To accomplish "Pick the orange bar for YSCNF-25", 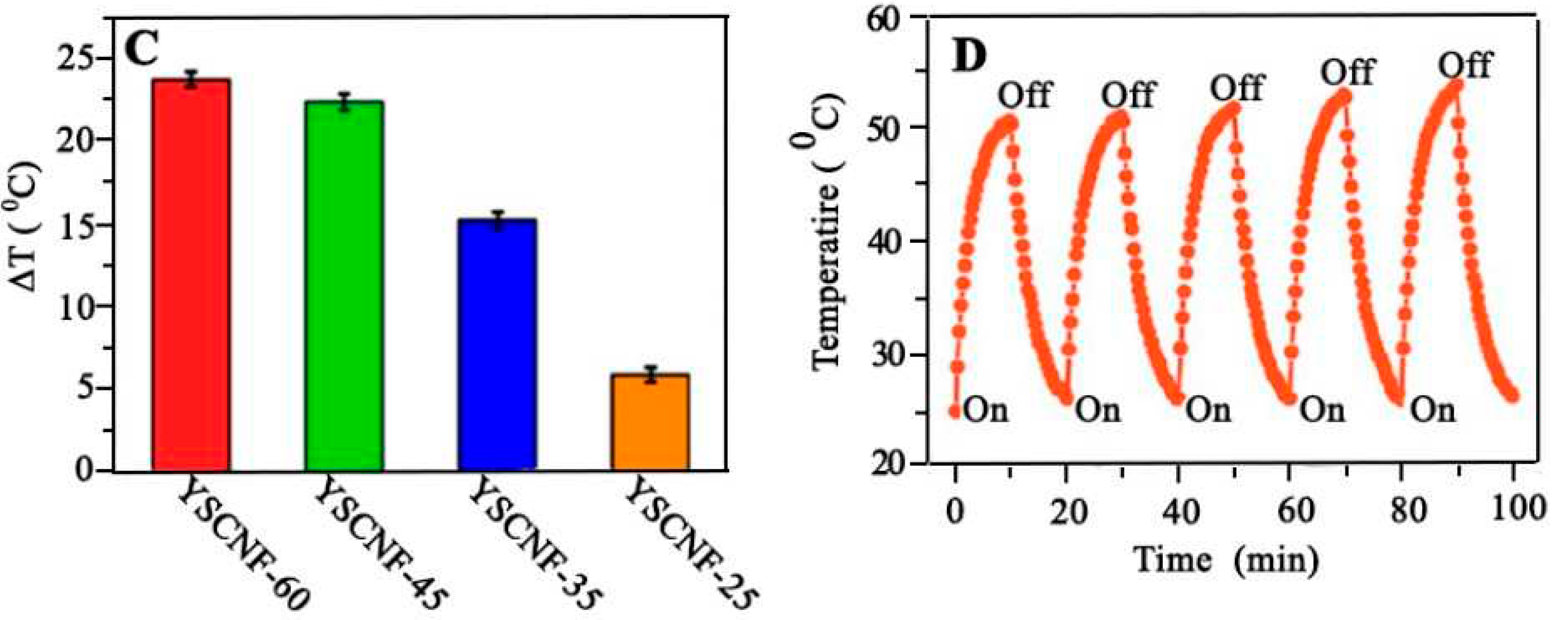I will tap(650, 422).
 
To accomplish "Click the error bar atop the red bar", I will tap(192, 79).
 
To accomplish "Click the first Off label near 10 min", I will tap(1024, 95).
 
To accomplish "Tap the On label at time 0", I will tap(986, 411).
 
